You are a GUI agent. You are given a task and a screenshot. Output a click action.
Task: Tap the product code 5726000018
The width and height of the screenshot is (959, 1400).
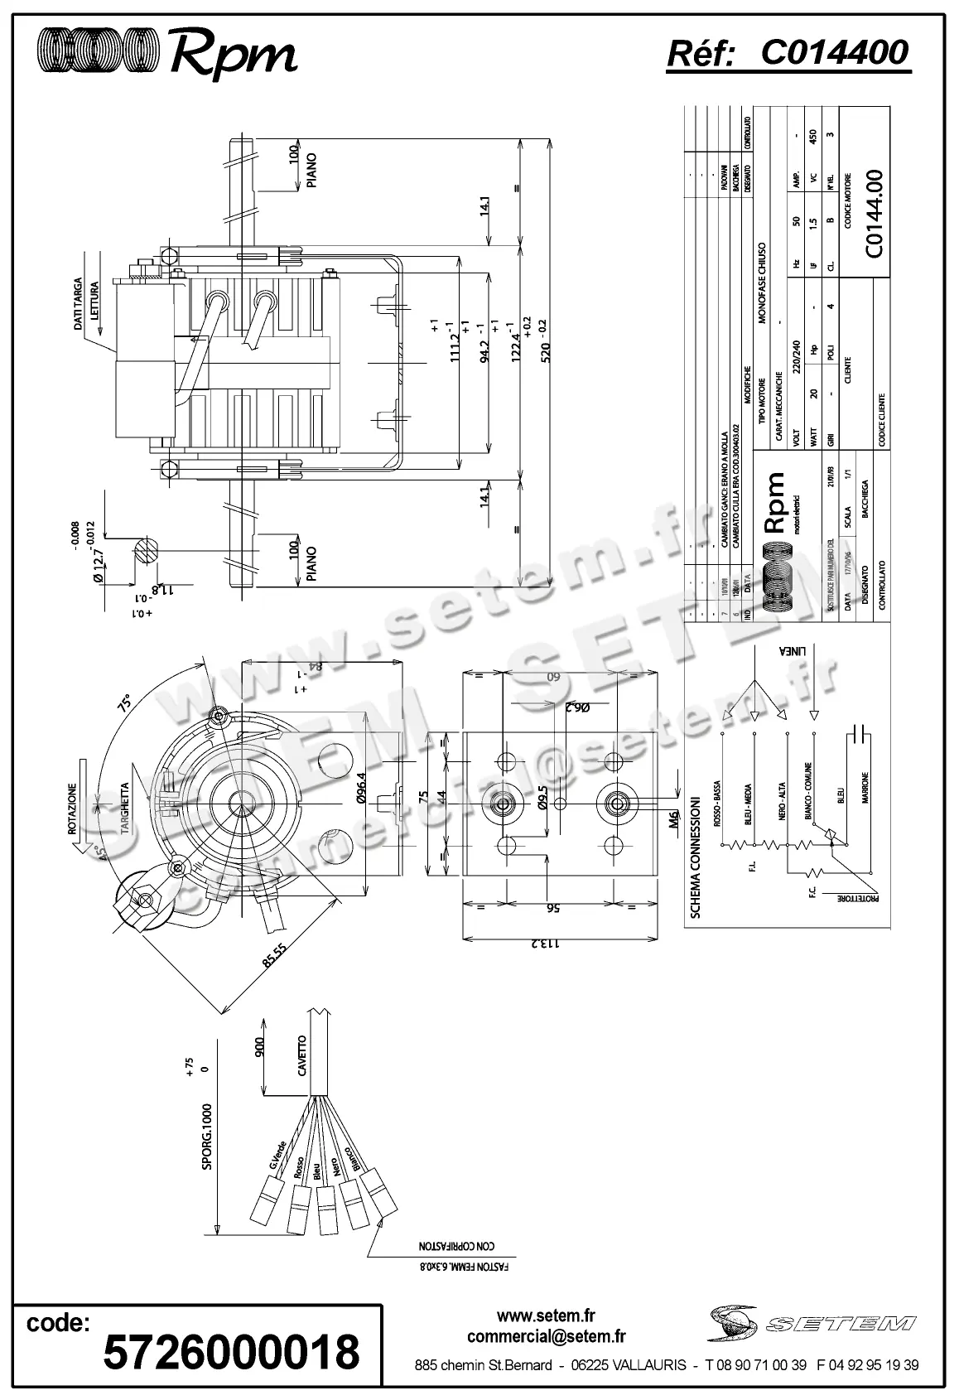point(231,1351)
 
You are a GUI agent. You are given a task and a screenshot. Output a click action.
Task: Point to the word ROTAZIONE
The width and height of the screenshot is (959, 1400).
point(73,809)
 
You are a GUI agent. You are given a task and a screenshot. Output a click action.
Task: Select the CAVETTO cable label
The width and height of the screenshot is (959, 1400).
point(302,1056)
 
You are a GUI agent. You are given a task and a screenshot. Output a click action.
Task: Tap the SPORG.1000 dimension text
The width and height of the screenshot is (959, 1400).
point(207,1137)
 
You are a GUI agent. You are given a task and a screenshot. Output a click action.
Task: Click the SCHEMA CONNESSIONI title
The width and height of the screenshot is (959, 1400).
point(696,858)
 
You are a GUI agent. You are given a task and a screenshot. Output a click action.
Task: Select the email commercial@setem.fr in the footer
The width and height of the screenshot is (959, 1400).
point(546,1336)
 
